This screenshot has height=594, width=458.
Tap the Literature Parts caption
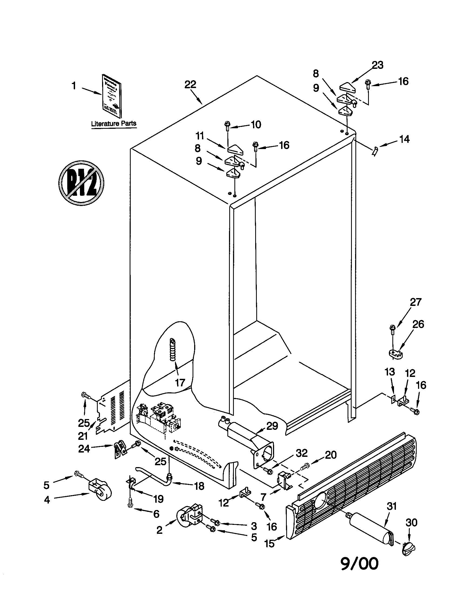[114, 123]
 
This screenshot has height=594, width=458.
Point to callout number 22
[190, 85]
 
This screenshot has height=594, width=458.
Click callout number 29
[272, 426]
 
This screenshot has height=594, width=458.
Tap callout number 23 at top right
[378, 65]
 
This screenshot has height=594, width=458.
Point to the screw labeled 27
[392, 329]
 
